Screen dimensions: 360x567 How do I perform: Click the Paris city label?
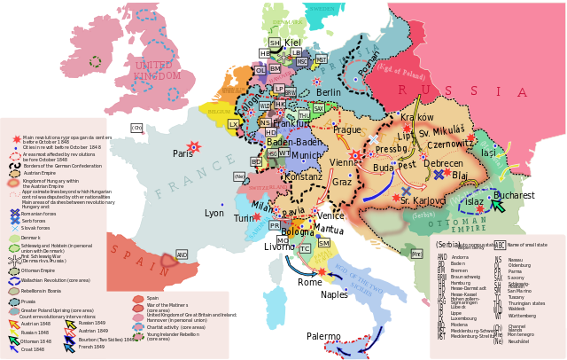(x=183, y=153)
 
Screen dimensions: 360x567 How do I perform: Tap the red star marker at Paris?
(x=193, y=146)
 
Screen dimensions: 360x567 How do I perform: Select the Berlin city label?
(x=328, y=92)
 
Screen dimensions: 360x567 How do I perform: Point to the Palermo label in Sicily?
(x=323, y=337)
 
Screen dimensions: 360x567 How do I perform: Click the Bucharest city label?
(x=515, y=195)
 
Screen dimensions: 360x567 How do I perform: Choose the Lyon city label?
(x=214, y=213)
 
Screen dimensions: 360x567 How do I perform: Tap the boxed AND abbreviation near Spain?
(x=182, y=254)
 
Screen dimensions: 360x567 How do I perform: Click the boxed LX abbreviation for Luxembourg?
(x=233, y=124)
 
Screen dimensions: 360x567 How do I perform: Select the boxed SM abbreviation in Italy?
(x=324, y=242)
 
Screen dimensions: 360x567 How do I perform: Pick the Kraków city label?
(x=416, y=117)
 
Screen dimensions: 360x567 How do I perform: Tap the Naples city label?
(x=334, y=294)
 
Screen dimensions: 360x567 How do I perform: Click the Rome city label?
(x=310, y=282)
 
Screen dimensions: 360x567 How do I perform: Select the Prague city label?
(x=346, y=129)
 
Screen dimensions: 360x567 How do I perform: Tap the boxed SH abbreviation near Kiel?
(x=275, y=43)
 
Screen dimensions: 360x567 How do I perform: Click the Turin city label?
(x=243, y=217)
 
